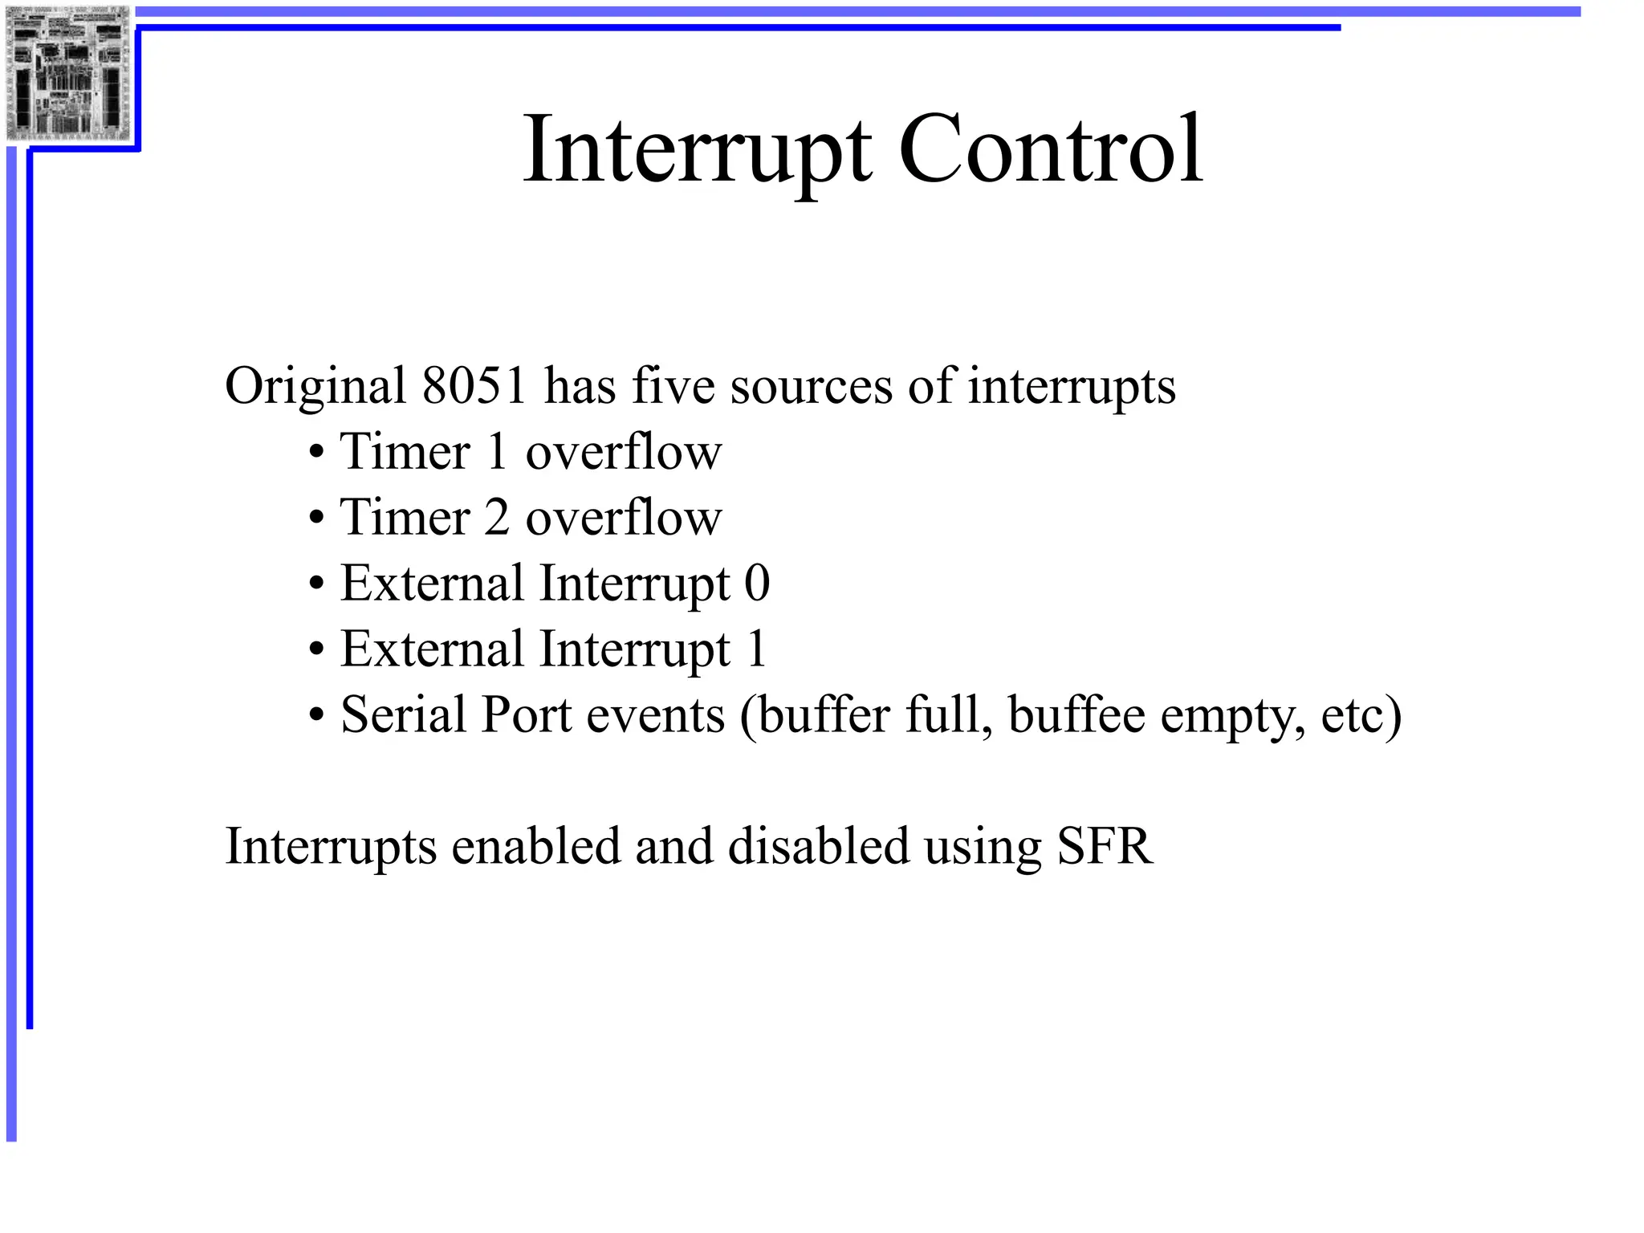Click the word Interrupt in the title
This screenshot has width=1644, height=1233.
[x=697, y=151]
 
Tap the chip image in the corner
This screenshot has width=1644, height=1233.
[x=67, y=73]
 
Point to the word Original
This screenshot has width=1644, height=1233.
[x=315, y=387]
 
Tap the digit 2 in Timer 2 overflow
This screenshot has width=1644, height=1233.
[x=497, y=517]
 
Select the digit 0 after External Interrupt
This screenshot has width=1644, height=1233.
[x=757, y=583]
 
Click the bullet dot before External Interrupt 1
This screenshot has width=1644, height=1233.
[x=317, y=650]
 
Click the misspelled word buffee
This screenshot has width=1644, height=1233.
[x=1076, y=714]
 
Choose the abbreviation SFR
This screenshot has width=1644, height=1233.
[x=1105, y=846]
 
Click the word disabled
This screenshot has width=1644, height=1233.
[x=819, y=846]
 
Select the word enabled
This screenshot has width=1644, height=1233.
[x=536, y=846]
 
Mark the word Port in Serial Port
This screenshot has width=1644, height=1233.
[x=526, y=714]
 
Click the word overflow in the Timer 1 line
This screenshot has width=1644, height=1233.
[x=624, y=452]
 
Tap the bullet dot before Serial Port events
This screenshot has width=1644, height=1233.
[x=317, y=716]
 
